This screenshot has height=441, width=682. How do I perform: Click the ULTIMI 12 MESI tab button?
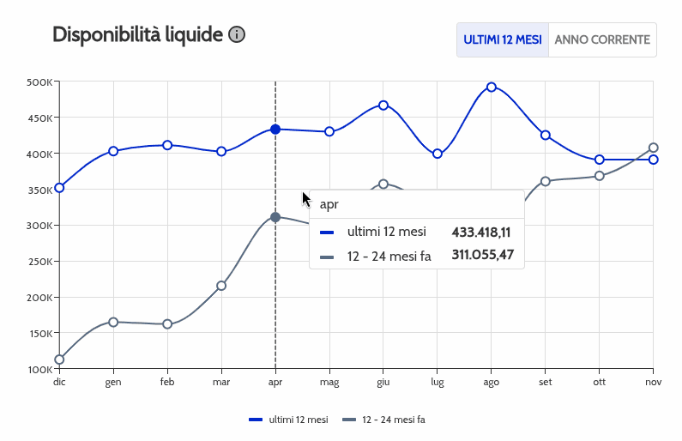pos(503,40)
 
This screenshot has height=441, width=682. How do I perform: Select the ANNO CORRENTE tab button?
pos(602,40)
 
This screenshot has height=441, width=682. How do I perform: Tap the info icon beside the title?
pos(237,35)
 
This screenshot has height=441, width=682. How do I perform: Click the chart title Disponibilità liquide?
pos(137,35)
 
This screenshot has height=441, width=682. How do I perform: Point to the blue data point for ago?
pos(492,87)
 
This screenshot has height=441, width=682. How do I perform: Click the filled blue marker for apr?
pos(275,130)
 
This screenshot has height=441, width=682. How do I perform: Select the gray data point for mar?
pos(221,286)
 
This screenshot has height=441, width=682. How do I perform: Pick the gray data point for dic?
pos(59,359)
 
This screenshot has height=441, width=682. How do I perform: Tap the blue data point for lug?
pos(438,154)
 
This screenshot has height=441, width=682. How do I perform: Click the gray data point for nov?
pos(654,148)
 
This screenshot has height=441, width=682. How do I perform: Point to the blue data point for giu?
pos(383,106)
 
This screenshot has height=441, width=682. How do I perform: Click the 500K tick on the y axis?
pos(40,82)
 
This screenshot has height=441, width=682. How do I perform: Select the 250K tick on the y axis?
pos(40,262)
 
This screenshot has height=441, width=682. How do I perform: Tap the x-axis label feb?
pos(167,383)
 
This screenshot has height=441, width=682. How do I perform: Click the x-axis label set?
pos(546,383)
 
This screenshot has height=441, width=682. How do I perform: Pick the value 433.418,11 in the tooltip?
pos(481,233)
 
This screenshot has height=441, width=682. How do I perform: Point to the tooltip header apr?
pos(329,205)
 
